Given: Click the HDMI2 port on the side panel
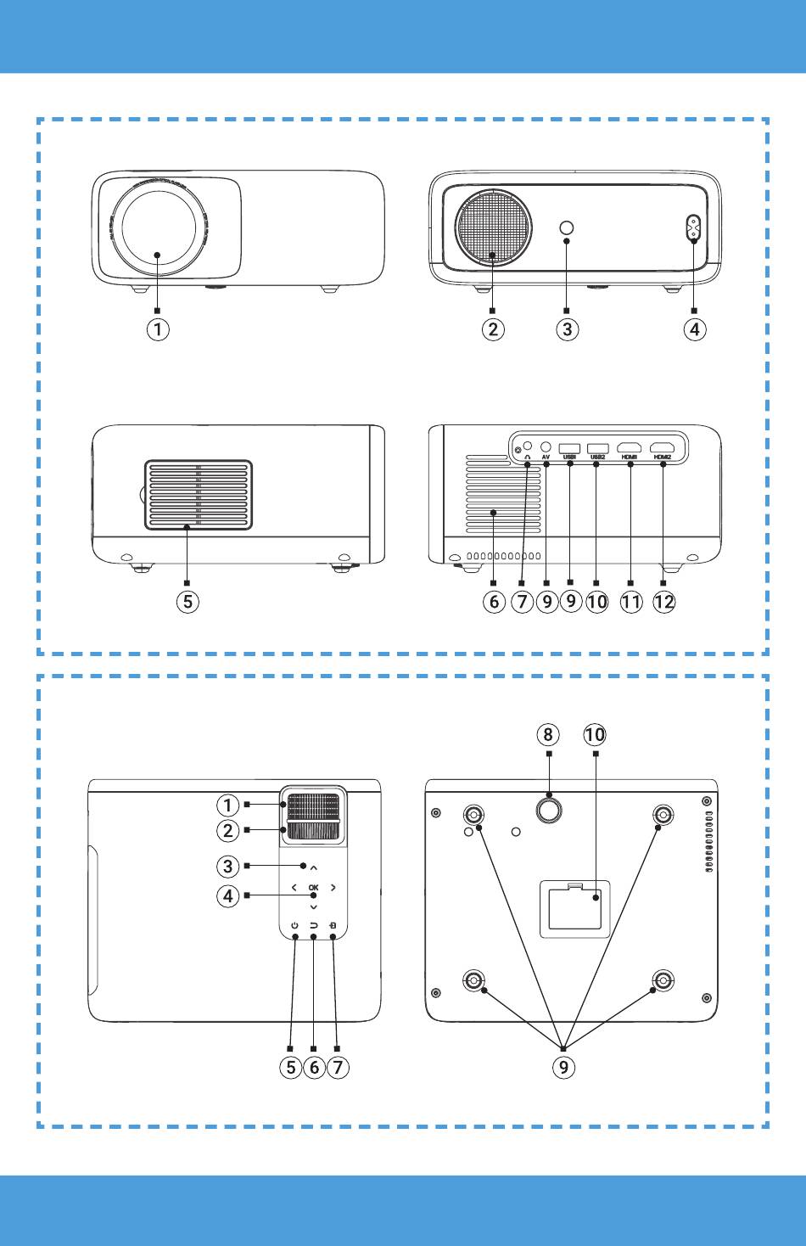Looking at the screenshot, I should point(662,447).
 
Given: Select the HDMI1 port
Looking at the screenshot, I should point(630,447).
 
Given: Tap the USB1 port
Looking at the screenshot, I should point(570,447).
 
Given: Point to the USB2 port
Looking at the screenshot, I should point(598,447).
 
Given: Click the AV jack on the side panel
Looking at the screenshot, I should point(546,446).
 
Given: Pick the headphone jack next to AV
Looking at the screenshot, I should point(529,445).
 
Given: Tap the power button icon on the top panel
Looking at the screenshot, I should point(294,926).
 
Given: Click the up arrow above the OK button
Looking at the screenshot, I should point(314,867).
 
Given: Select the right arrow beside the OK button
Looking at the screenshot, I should point(333,888).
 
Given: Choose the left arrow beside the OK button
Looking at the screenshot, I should point(294,888).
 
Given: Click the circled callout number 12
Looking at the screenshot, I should point(664,602).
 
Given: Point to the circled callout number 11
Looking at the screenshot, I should point(630,602).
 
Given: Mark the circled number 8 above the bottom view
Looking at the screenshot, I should point(548,734).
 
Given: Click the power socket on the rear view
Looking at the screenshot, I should point(694,229).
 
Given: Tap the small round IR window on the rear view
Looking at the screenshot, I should point(567,227).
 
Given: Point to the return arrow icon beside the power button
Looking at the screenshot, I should point(314,926).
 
